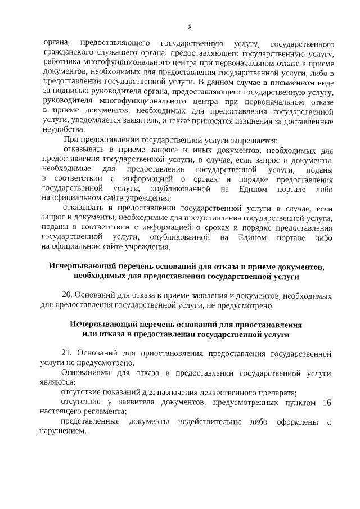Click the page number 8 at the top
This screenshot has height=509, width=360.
190,26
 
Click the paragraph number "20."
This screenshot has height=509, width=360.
67,295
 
